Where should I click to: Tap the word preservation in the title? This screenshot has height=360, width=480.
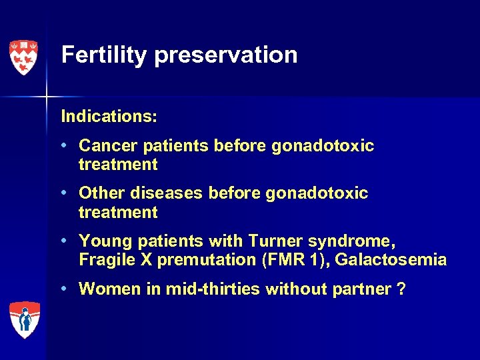click(x=225, y=55)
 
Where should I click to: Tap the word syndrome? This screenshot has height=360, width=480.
click(x=349, y=241)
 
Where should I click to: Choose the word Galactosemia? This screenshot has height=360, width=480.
click(x=391, y=260)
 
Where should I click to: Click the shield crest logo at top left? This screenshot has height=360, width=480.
click(x=23, y=57)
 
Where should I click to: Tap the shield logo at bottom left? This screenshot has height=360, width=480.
click(x=25, y=319)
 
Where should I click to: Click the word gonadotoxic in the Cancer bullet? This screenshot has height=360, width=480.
click(x=323, y=145)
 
